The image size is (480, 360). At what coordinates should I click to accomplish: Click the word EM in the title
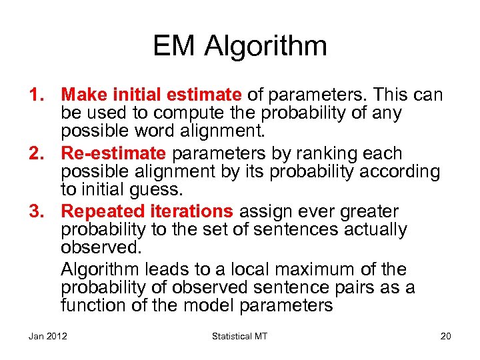174,47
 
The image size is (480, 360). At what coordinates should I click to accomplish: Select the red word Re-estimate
114,154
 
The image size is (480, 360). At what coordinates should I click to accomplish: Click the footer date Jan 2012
48,336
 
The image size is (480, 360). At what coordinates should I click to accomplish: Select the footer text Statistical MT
239,336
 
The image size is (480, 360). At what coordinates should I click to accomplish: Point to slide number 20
445,336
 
